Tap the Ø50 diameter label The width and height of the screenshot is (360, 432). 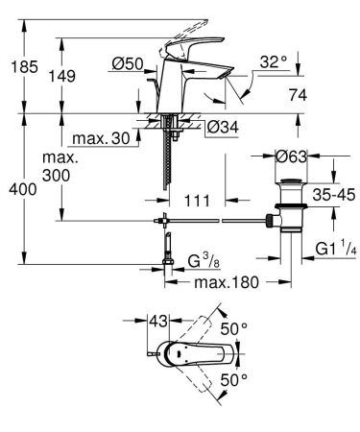[127, 64]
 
